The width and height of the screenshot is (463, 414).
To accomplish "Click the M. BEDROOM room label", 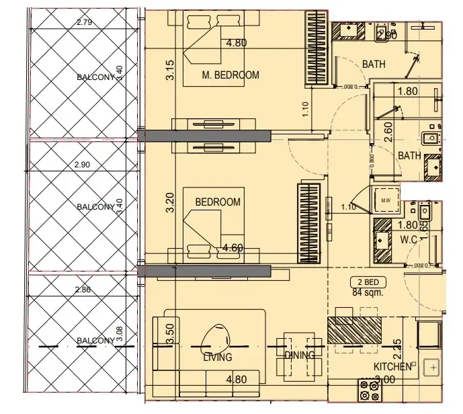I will (x=230, y=75).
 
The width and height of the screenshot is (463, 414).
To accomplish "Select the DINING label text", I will (x=300, y=355).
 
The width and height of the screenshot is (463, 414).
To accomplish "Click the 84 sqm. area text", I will (x=366, y=292).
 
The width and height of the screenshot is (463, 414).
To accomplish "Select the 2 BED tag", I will (x=366, y=282).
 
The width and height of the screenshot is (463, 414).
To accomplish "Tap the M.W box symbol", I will (x=386, y=200).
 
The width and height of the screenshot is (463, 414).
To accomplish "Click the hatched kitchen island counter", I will (x=354, y=330).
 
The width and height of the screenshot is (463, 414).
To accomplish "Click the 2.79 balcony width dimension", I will (x=85, y=23).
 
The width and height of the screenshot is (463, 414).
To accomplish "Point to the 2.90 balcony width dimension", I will (x=84, y=165).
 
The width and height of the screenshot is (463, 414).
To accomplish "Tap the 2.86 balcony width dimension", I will (x=83, y=289).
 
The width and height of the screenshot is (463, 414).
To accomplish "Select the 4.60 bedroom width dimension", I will (x=232, y=248).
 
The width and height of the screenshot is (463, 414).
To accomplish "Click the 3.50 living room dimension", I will (x=169, y=331).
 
